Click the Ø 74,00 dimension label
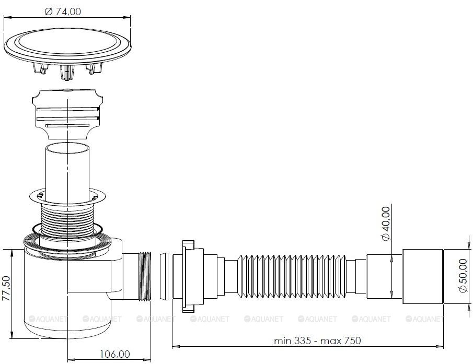[x=63, y=11]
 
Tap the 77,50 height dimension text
[x=6, y=288]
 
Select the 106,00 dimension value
[x=115, y=354]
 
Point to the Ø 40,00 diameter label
[x=386, y=224]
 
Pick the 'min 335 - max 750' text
[x=317, y=340]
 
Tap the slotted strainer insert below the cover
[x=67, y=114]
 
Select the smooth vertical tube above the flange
[x=67, y=172]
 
